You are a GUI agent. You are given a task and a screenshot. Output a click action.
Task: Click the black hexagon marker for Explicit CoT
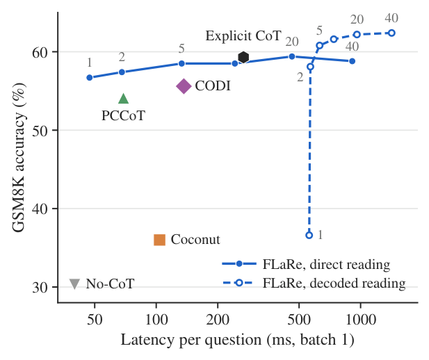tap(243, 58)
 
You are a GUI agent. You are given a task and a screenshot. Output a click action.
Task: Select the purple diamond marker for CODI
tap(184, 86)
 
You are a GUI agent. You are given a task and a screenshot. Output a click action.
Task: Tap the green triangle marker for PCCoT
tap(123, 99)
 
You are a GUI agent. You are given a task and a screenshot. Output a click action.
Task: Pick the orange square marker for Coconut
tap(159, 240)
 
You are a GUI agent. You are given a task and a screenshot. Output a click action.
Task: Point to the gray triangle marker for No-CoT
tap(74, 284)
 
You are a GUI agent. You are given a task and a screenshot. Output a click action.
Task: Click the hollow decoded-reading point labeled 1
tap(309, 235)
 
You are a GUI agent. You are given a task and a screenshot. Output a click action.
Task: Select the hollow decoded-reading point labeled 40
tap(391, 33)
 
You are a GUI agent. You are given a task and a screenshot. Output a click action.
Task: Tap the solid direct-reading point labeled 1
tap(90, 77)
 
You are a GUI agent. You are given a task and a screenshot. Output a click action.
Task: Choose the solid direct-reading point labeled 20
tap(292, 56)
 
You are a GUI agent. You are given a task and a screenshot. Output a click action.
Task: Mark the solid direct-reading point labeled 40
tap(352, 61)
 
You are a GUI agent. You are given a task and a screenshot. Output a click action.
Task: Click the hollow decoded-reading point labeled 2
tap(310, 67)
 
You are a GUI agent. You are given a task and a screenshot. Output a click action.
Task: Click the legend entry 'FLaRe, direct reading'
tap(306, 264)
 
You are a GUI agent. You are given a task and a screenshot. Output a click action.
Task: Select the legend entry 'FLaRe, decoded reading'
tap(314, 283)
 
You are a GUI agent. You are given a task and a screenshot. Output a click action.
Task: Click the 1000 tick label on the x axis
tap(360, 319)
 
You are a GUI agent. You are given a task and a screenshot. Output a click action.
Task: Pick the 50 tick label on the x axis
tap(95, 319)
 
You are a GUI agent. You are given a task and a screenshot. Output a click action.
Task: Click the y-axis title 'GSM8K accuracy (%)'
tap(19, 157)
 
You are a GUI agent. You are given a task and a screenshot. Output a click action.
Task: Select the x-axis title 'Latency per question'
tap(191, 340)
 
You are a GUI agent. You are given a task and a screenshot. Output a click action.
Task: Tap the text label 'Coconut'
tap(195, 239)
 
